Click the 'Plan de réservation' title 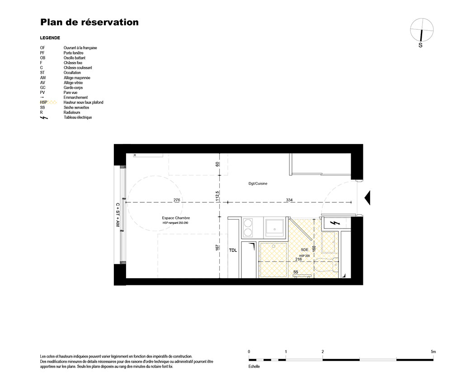pyautogui.click(x=89, y=22)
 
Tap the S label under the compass pyautogui.click(x=420, y=45)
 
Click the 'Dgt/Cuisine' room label pyautogui.click(x=258, y=183)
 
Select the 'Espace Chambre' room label pyautogui.click(x=176, y=218)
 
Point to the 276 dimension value pyautogui.click(x=177, y=200)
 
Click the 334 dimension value pyautogui.click(x=289, y=200)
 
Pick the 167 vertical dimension pyautogui.click(x=217, y=247)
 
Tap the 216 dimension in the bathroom pyautogui.click(x=298, y=259)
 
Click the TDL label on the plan pyautogui.click(x=233, y=250)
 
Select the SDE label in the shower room pyautogui.click(x=304, y=250)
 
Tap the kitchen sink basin pyautogui.click(x=274, y=228)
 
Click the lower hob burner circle pyautogui.click(x=248, y=233)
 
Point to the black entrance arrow pyautogui.click(x=367, y=198)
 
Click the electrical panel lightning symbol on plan pyautogui.click(x=334, y=223)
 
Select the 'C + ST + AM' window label pyautogui.click(x=118, y=215)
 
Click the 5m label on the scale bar pyautogui.click(x=433, y=352)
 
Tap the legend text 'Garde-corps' pyautogui.click(x=73, y=88)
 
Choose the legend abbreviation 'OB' pyautogui.click(x=42, y=58)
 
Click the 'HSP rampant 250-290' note pyautogui.click(x=175, y=223)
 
